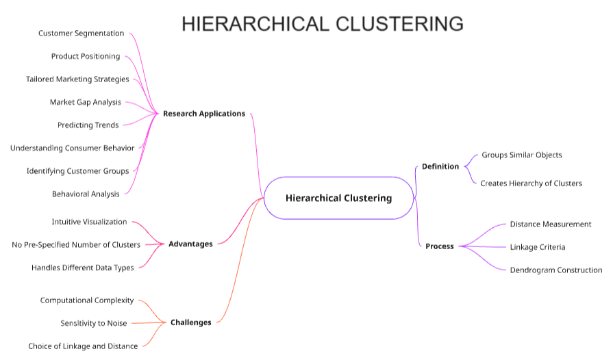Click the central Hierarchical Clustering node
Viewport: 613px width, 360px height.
point(338,198)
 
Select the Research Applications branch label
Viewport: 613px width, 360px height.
point(203,114)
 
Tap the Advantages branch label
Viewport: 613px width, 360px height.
point(190,244)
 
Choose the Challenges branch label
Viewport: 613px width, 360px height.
point(190,322)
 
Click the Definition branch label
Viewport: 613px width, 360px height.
point(440,166)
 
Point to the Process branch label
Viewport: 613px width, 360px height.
point(439,246)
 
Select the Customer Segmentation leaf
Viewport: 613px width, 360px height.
point(81,33)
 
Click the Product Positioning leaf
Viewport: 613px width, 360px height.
point(86,56)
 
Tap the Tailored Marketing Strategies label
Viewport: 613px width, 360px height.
point(77,79)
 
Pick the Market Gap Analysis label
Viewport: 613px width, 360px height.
point(85,102)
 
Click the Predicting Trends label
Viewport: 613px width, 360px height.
point(88,125)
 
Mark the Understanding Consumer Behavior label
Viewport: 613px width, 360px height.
point(72,148)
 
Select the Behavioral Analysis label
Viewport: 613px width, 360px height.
point(86,194)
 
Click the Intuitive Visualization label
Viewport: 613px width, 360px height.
point(89,222)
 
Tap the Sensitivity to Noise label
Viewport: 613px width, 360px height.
point(93,323)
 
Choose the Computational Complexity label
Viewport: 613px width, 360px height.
point(87,300)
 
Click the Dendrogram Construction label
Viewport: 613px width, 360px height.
point(555,270)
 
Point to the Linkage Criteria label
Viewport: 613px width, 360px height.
point(537,247)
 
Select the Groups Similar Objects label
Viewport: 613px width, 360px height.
point(521,155)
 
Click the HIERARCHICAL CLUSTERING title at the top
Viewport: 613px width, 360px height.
point(322,24)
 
